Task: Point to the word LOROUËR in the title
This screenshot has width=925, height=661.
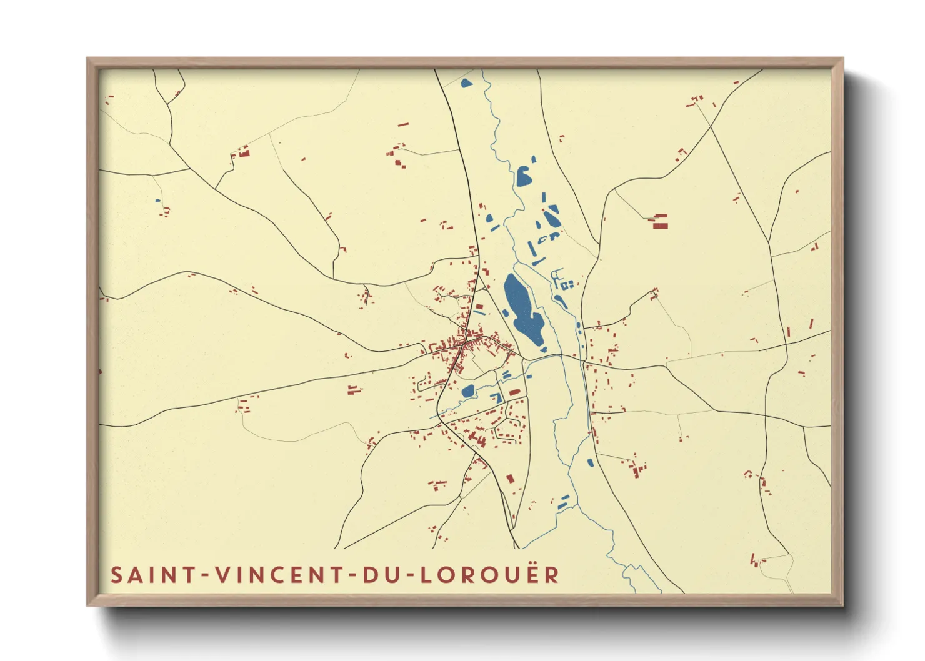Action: [489, 575]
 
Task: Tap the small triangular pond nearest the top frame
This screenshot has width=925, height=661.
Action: [466, 82]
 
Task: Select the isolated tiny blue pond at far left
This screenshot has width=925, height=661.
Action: [157, 201]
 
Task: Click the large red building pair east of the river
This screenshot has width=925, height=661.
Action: [661, 221]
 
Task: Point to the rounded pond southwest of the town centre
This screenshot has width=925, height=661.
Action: [467, 392]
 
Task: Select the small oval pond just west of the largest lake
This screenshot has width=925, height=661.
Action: [506, 312]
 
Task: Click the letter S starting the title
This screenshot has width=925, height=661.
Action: [116, 575]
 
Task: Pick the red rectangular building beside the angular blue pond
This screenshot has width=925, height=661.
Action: [514, 392]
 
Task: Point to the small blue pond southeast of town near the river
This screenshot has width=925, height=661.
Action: [590, 463]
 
